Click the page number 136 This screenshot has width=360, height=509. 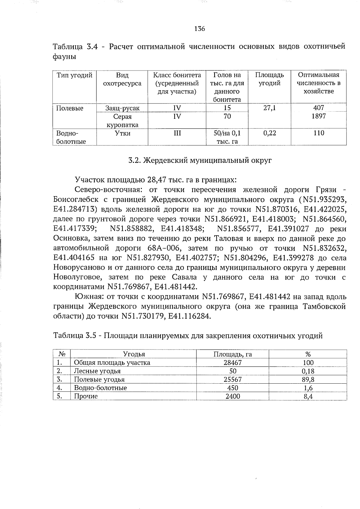tap(199, 29)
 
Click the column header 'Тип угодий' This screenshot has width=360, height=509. tap(74, 75)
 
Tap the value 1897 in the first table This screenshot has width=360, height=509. tap(318, 116)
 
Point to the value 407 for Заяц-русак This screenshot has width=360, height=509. tap(318, 108)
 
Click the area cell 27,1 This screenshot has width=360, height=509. tap(269, 108)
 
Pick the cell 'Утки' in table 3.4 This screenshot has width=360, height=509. tap(122, 133)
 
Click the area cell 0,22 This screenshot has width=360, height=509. tap(269, 133)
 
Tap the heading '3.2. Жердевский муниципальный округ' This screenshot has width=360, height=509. tap(200, 160)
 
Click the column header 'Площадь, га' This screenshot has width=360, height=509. tap(232, 354)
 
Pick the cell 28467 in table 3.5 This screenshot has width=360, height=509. tap(232, 363)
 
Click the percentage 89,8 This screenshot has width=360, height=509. tap(308, 379)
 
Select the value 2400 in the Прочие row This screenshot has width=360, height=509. tap(232, 396)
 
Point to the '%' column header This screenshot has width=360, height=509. tap(308, 354)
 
